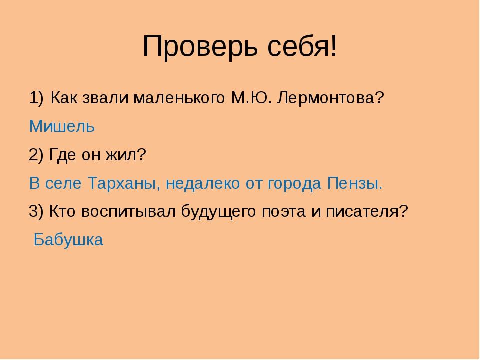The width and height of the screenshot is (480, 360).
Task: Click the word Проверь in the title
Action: pyautogui.click(x=200, y=46)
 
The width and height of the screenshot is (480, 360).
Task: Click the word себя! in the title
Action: pyautogui.click(x=302, y=46)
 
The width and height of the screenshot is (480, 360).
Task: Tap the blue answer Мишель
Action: pyautogui.click(x=62, y=126)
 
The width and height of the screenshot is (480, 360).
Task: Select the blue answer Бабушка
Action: pyautogui.click(x=68, y=240)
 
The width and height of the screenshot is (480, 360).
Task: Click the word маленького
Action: pyautogui.click(x=179, y=98)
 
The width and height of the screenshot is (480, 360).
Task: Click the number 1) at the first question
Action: pyautogui.click(x=36, y=98)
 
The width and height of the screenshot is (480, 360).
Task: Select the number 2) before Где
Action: pyautogui.click(x=36, y=155)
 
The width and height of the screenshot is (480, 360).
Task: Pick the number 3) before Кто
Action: pyautogui.click(x=36, y=211)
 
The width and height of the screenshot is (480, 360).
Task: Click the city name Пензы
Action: pyautogui.click(x=355, y=183)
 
